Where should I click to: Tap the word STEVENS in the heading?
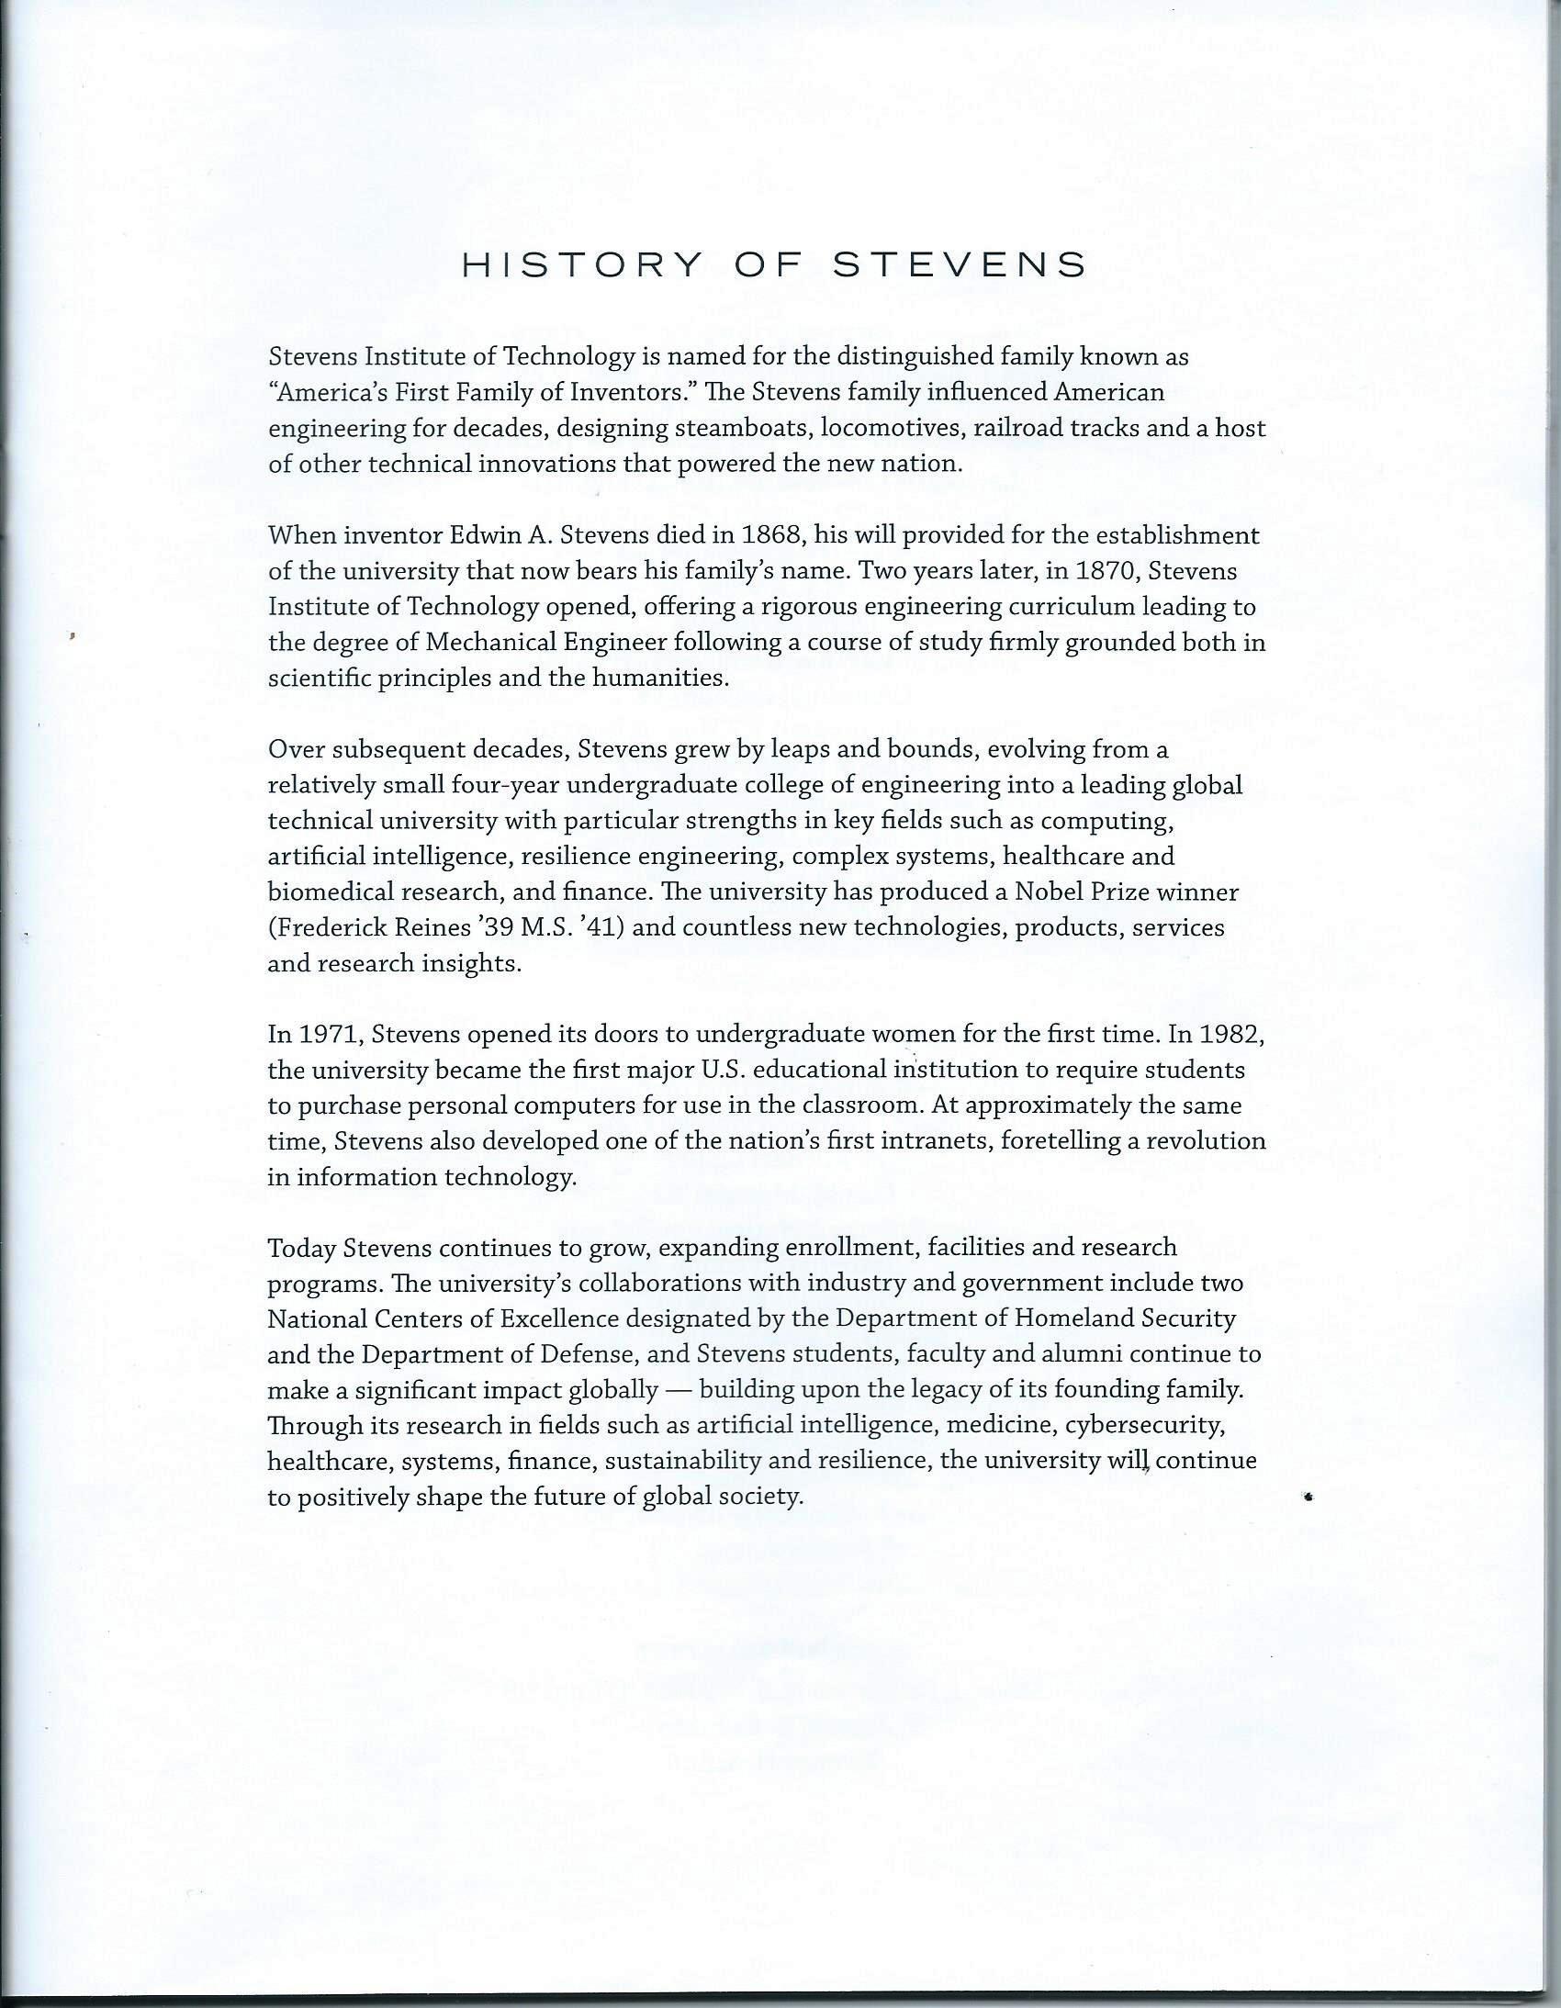(x=960, y=265)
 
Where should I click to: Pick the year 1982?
(x=1234, y=1036)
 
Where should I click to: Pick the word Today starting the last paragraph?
(x=301, y=1249)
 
